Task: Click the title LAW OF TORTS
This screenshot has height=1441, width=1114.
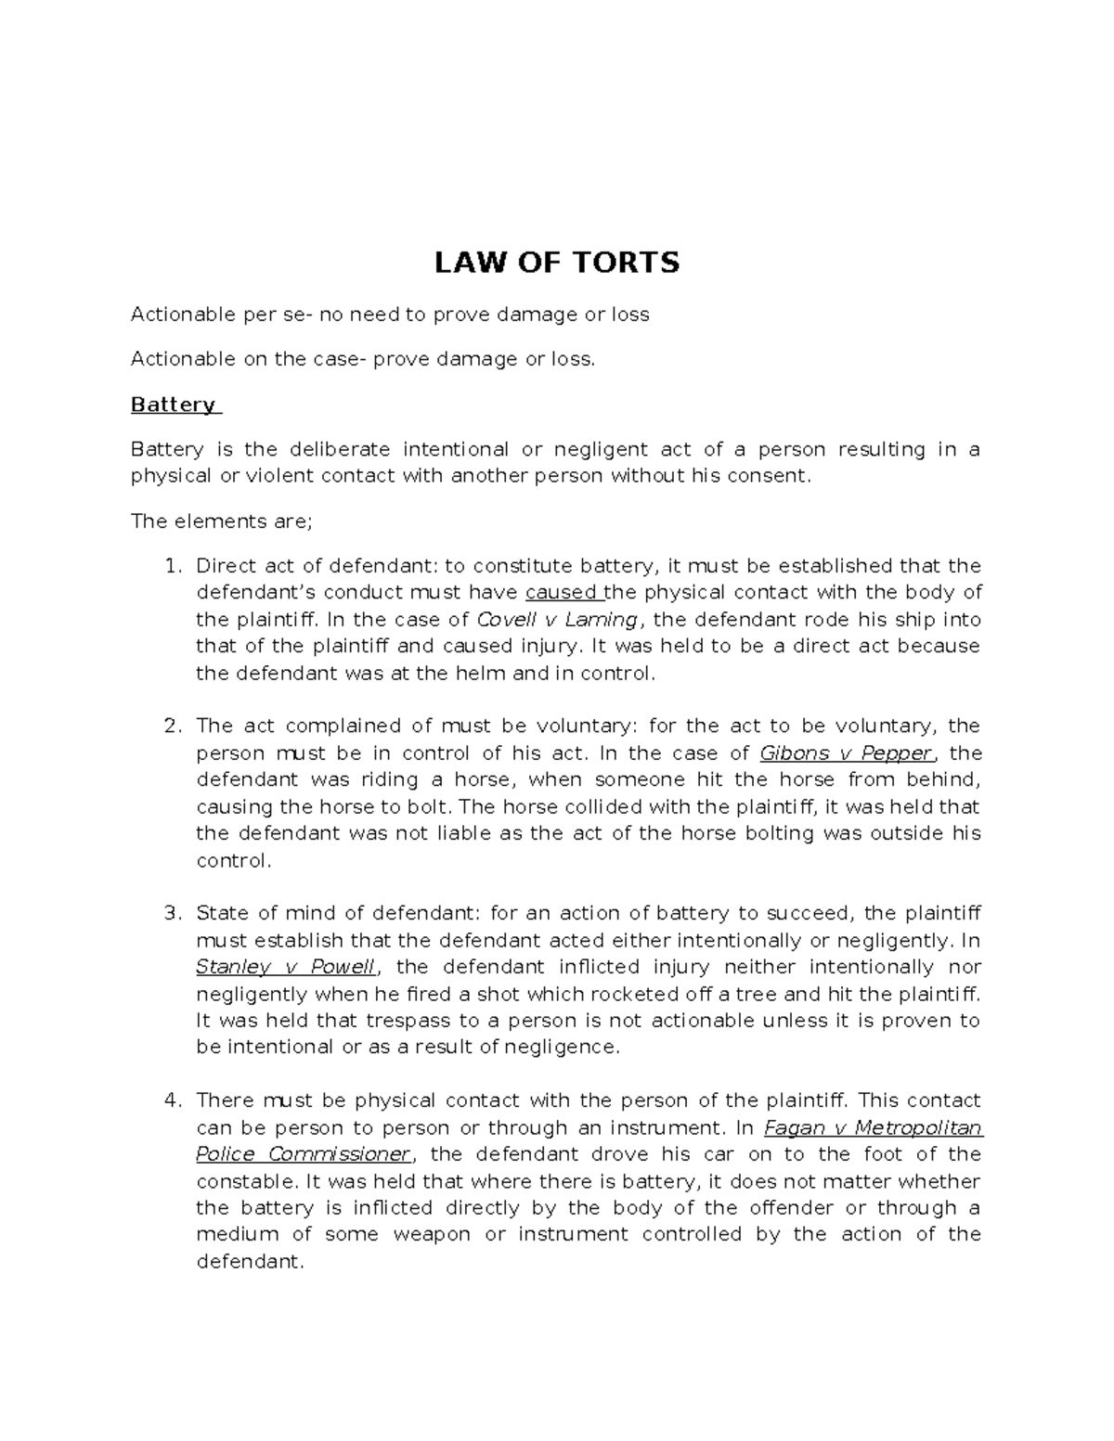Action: [x=557, y=264]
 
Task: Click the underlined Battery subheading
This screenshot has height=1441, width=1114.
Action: [x=173, y=405]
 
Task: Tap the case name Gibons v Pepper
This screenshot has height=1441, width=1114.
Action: [x=845, y=753]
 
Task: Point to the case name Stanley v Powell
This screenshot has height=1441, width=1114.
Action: [x=285, y=967]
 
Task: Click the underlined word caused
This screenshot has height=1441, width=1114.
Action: [x=561, y=592]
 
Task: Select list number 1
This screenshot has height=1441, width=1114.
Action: [x=171, y=566]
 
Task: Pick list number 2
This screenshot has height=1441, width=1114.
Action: [x=171, y=726]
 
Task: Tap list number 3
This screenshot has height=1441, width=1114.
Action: [x=171, y=913]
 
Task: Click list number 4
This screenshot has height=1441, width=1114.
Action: [x=171, y=1100]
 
